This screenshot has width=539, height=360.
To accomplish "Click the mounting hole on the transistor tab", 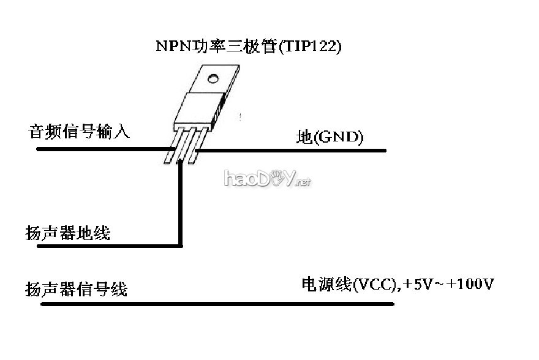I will (x=213, y=79).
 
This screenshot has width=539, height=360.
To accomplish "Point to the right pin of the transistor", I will (x=195, y=147).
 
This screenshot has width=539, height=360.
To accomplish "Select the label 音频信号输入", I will (x=79, y=132).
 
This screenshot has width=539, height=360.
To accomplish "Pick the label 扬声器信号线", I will (x=76, y=288).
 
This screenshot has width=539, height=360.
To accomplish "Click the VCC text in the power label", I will (x=373, y=285).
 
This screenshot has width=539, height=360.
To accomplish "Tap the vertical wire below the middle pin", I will (x=181, y=202).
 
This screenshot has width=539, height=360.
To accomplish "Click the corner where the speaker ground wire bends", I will (x=181, y=246).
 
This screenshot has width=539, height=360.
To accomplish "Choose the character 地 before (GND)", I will (x=304, y=137).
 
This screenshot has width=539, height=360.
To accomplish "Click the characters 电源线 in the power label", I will (x=325, y=285).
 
